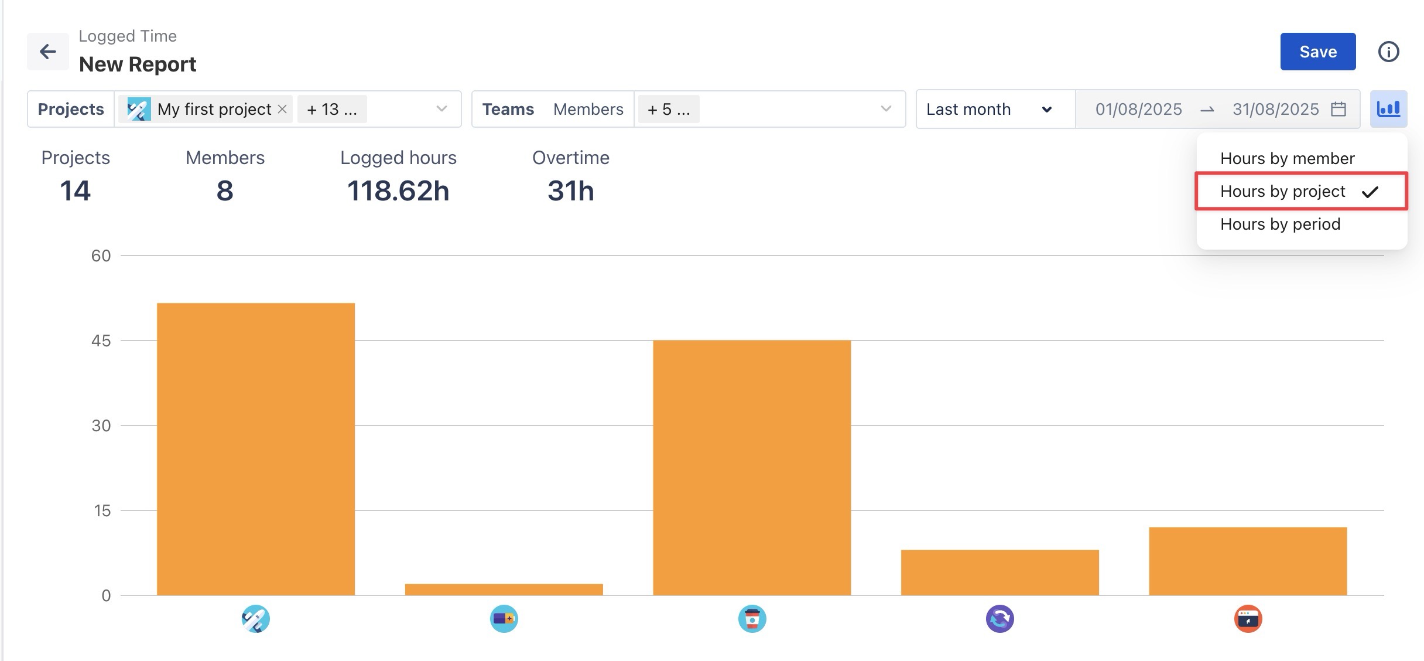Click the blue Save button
(1317, 52)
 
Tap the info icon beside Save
(1388, 52)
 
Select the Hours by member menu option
(1287, 158)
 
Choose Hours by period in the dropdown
(1280, 224)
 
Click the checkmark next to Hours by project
(1370, 192)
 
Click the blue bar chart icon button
(1388, 109)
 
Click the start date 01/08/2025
(1138, 109)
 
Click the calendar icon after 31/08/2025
(1339, 109)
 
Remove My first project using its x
(282, 109)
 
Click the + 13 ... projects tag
(331, 109)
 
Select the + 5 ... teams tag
(668, 109)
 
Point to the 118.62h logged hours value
(398, 190)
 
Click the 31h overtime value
(571, 190)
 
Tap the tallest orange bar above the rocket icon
(256, 449)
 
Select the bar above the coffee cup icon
(752, 468)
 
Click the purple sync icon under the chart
(999, 619)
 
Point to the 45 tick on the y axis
(101, 341)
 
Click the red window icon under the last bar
(1248, 619)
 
